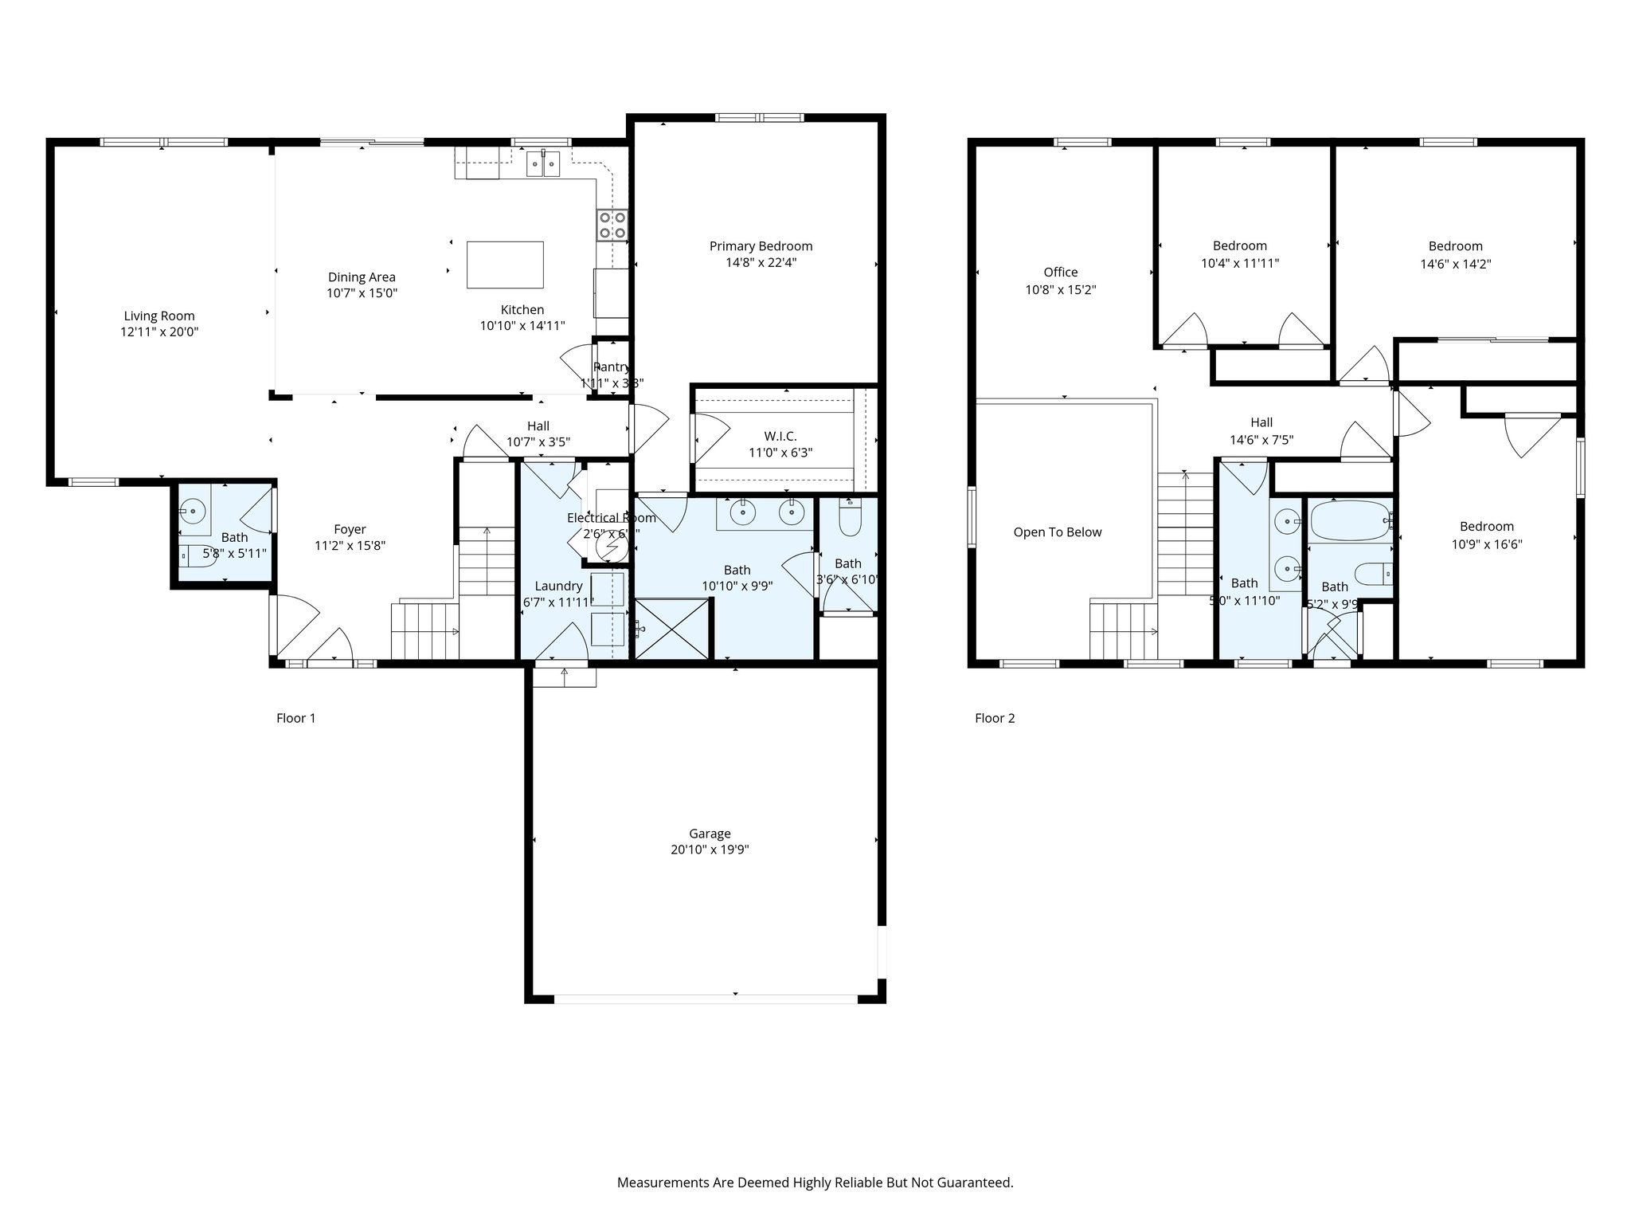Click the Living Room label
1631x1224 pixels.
pyautogui.click(x=159, y=316)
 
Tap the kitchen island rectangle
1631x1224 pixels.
pyautogui.click(x=505, y=265)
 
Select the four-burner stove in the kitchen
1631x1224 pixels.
pyautogui.click(x=612, y=225)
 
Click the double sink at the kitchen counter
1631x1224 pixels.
pyautogui.click(x=543, y=164)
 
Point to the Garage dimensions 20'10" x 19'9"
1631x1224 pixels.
pyautogui.click(x=710, y=850)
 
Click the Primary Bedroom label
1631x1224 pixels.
pyautogui.click(x=761, y=246)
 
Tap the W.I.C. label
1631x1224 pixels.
pyautogui.click(x=780, y=436)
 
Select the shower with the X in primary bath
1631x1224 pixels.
pyautogui.click(x=672, y=630)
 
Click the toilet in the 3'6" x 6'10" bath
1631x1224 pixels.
pyautogui.click(x=850, y=518)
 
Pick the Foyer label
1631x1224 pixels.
pyautogui.click(x=350, y=529)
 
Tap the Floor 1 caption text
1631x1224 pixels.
pyautogui.click(x=295, y=718)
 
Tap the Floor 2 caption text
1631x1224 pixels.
pyautogui.click(x=995, y=718)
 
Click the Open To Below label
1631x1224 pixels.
pyautogui.click(x=1057, y=532)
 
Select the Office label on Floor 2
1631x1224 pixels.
pyautogui.click(x=1060, y=273)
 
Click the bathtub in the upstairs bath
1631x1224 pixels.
pyautogui.click(x=1349, y=521)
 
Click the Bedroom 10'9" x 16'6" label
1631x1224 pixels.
pyautogui.click(x=1486, y=527)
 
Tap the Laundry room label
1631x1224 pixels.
pyautogui.click(x=558, y=586)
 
